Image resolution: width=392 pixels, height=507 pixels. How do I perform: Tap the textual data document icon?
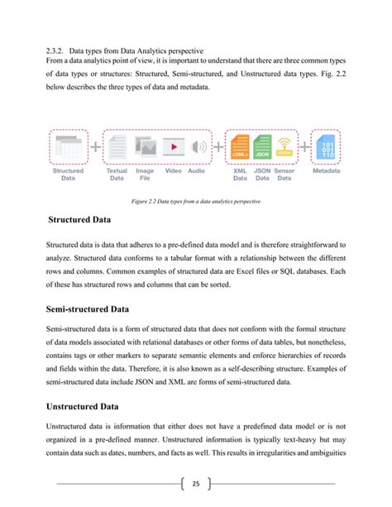[118, 147]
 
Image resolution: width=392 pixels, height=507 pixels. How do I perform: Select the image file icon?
[146, 147]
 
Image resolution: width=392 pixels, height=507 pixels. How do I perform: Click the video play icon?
[174, 147]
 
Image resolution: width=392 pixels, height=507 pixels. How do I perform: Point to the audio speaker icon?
[197, 147]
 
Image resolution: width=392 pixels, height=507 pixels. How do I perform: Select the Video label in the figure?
[174, 170]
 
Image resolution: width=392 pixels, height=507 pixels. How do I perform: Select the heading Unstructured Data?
[92, 407]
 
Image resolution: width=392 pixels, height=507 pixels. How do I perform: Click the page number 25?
[196, 484]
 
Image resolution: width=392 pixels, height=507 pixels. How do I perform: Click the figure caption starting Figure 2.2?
[195, 201]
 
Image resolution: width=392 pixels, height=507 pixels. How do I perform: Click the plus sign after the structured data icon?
[96, 147]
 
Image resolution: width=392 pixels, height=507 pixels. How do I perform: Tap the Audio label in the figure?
[197, 170]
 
